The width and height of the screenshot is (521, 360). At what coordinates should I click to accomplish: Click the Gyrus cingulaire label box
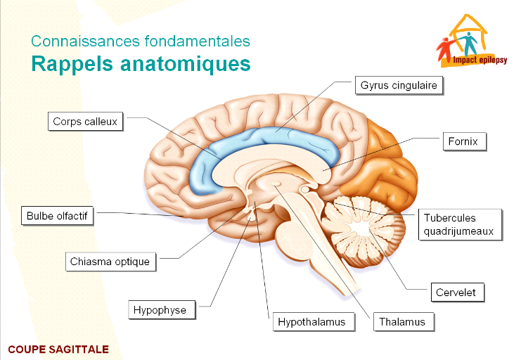399,86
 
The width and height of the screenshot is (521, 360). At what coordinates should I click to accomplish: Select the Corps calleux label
85,122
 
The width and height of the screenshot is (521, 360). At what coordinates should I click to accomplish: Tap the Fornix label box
463,142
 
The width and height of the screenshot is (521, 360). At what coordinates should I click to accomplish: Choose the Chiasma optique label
110,262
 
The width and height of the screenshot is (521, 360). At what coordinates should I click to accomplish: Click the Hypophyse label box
160,309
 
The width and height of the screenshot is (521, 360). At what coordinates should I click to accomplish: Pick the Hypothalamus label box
311,322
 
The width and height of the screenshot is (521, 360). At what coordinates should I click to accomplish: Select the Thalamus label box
402,322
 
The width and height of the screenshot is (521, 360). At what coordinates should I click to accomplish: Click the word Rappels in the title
68,64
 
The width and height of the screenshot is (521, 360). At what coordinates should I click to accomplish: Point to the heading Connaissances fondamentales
141,41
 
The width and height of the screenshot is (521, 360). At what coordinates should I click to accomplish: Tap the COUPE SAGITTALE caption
58,349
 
